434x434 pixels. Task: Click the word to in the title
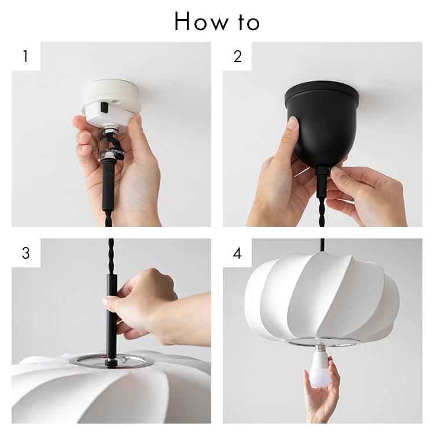click(x=249, y=23)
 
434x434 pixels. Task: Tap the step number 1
click(x=25, y=56)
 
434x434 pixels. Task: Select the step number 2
click(x=237, y=57)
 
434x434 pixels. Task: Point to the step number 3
click(x=25, y=253)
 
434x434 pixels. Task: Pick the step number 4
click(x=237, y=253)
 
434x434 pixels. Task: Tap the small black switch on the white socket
click(x=104, y=108)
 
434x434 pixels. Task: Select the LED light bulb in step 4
click(x=320, y=365)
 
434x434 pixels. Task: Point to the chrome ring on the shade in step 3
click(x=111, y=361)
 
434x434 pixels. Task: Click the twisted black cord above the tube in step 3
click(x=111, y=256)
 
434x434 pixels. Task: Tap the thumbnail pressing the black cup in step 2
click(x=293, y=123)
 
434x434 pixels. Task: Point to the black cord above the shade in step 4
click(x=322, y=245)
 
